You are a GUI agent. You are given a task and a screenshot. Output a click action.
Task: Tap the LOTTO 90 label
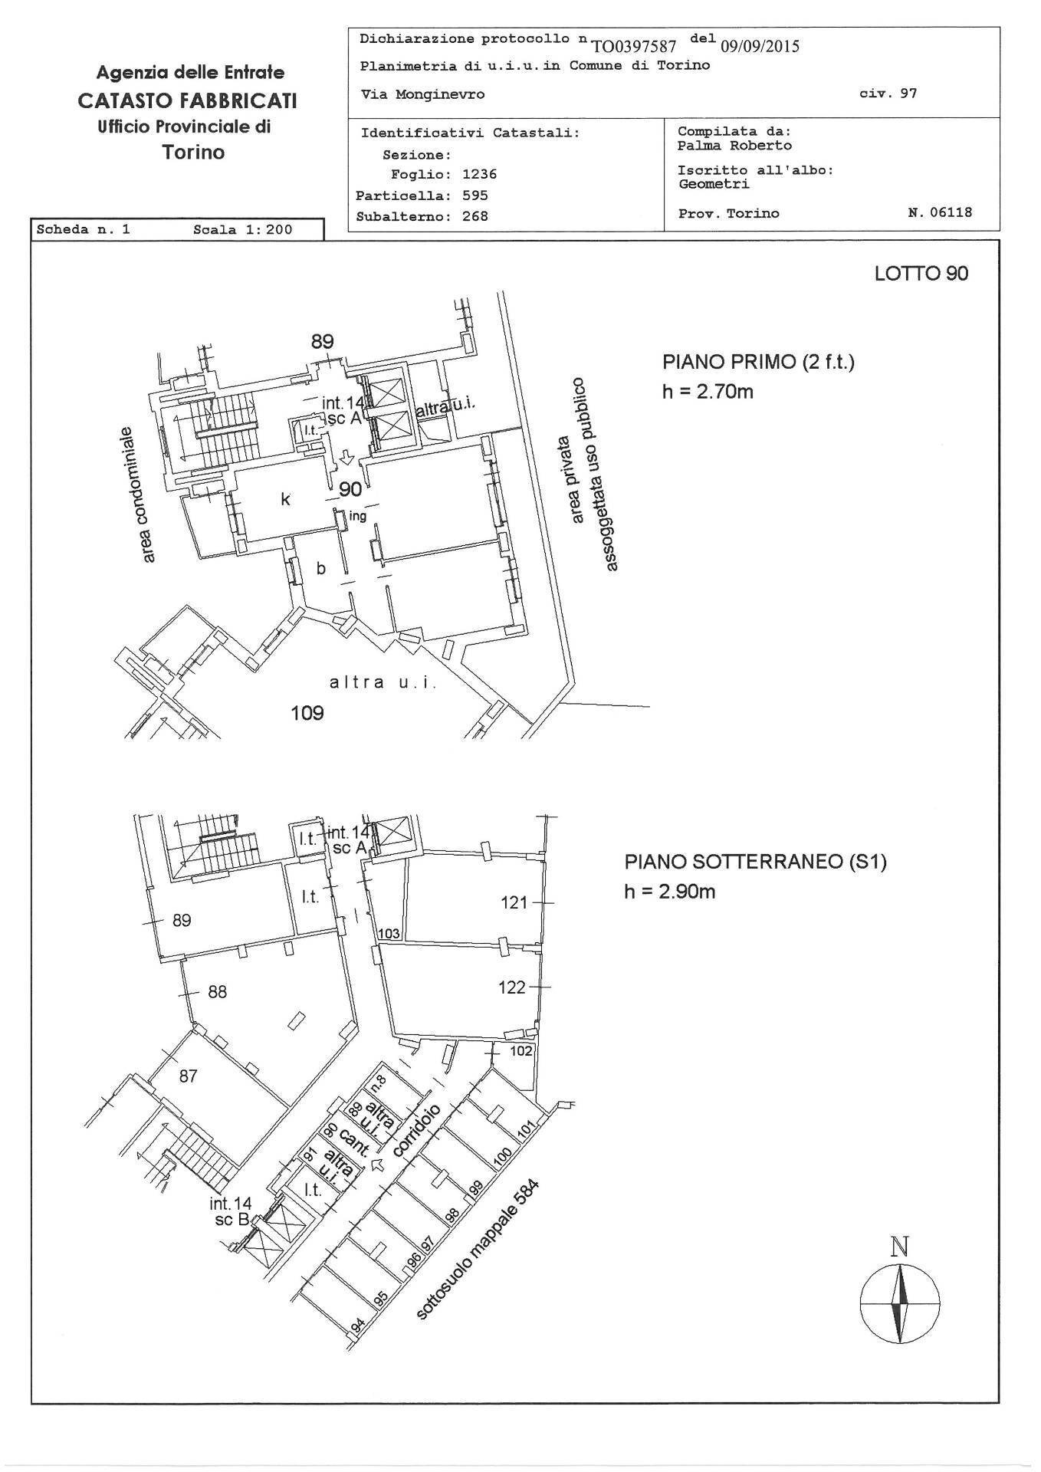point(921,274)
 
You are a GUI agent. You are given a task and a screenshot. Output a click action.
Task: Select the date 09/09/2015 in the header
point(760,46)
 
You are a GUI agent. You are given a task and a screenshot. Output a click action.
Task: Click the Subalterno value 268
point(475,216)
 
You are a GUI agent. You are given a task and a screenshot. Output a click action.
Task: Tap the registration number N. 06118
point(940,212)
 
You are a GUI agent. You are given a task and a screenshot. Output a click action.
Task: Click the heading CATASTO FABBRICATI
point(187,100)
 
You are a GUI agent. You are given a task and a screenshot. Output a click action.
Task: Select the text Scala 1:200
point(243,229)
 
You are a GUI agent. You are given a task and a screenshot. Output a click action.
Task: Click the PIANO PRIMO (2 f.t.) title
point(758,362)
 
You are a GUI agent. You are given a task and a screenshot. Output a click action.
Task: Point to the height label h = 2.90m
point(670,891)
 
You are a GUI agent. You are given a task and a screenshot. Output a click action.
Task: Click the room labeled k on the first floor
point(285,499)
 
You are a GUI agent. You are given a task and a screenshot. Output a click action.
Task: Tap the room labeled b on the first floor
point(321,568)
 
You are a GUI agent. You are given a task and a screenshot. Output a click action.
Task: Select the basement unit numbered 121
point(514,902)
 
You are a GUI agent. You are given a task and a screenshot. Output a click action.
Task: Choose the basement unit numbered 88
point(218,991)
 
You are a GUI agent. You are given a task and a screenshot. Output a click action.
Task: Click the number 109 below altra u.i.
point(307,713)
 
